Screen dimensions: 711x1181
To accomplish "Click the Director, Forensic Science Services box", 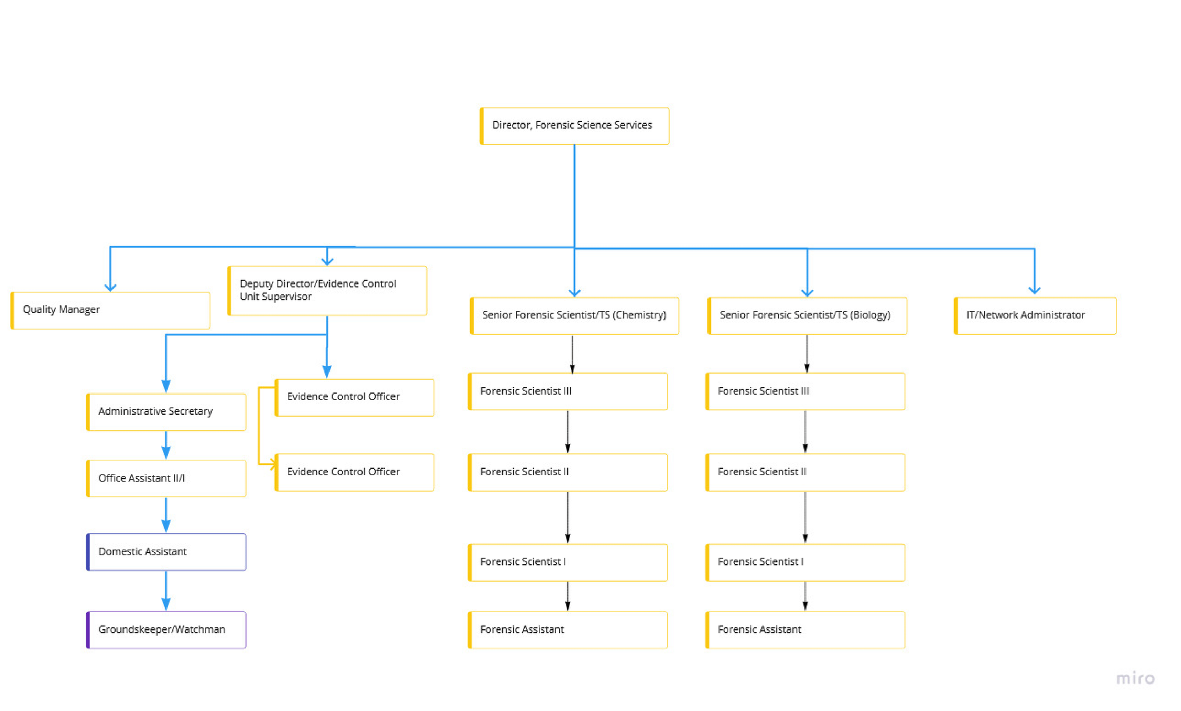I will click(574, 126).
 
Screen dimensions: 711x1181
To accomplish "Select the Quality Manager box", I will click(111, 310).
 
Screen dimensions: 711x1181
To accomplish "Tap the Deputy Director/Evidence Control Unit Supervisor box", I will click(327, 291).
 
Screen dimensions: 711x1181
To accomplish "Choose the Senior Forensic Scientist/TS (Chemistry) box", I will click(574, 315).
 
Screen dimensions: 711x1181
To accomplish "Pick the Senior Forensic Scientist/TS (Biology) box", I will click(806, 315).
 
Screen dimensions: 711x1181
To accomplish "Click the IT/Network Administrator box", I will click(1035, 315).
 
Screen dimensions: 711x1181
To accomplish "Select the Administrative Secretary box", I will click(166, 411).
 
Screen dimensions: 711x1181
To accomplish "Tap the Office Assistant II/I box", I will click(166, 478).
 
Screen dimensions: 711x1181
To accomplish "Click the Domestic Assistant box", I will click(166, 552).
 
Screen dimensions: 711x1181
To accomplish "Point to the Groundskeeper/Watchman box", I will click(166, 629).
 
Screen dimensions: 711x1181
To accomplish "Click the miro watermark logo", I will click(1135, 678).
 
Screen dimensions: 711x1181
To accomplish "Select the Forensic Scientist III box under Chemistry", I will click(567, 392).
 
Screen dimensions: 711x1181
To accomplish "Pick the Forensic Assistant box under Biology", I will click(805, 629).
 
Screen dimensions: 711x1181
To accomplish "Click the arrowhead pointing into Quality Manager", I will click(110, 287).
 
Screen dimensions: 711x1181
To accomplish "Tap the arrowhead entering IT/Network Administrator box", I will click(1034, 290).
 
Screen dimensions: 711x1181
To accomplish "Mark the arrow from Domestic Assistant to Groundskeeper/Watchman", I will click(165, 591).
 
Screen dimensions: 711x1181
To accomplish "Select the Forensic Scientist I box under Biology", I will click(805, 562).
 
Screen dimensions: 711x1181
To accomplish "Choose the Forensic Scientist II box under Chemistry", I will click(567, 472).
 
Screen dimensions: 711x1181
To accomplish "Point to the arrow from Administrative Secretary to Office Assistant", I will click(165, 445).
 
